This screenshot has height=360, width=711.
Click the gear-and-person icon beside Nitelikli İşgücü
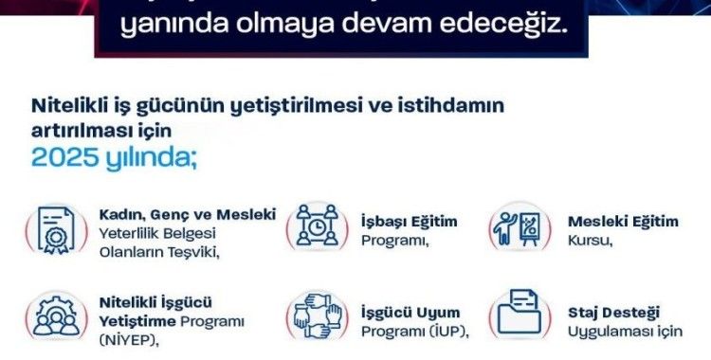pos(55,319)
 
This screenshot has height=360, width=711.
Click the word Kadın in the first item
pos(121,215)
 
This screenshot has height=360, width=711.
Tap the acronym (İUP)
pos(446,333)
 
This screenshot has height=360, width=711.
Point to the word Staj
pos(586,312)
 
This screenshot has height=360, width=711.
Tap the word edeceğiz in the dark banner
pos(516,21)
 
